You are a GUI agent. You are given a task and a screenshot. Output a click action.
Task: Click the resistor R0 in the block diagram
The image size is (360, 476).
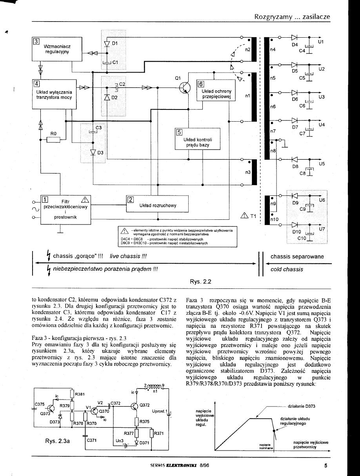[x=53, y=140]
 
